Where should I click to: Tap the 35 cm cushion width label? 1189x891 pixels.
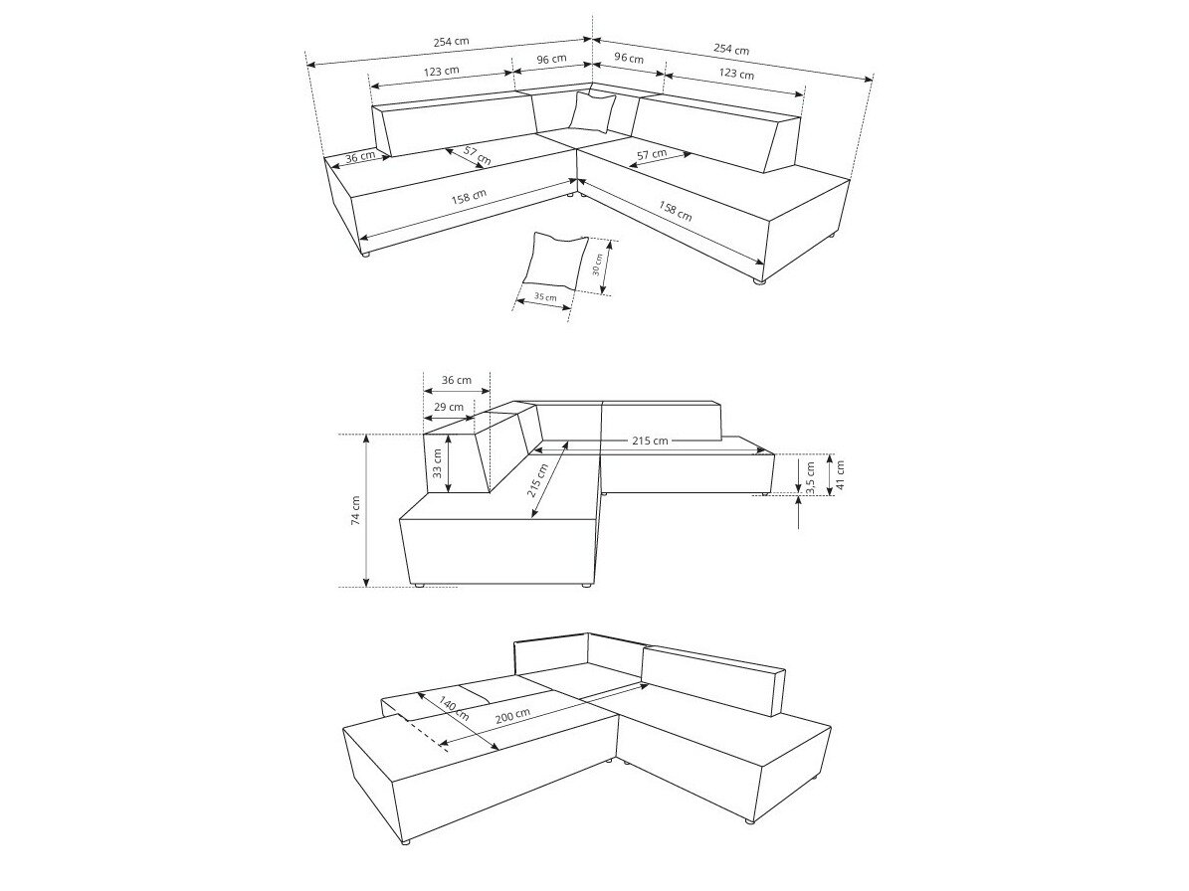point(544,296)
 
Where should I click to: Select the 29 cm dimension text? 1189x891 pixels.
point(449,407)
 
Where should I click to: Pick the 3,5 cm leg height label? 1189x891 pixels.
point(810,477)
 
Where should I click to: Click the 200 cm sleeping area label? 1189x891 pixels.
point(512,716)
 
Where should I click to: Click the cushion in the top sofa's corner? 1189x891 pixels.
point(592,111)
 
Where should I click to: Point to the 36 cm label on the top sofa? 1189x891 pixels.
point(359,157)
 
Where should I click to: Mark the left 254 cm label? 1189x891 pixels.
point(451,42)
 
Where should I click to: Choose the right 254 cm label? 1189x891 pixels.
point(731,49)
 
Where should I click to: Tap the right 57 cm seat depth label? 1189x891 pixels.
point(651,153)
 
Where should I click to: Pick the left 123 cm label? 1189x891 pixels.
point(442,72)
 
